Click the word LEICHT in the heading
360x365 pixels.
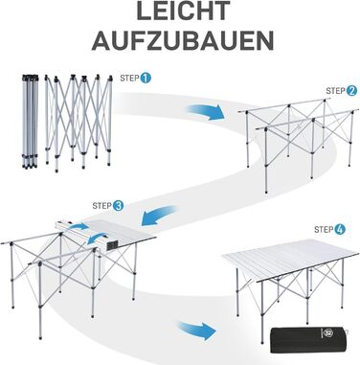click(x=183, y=11)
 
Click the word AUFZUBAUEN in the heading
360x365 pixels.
click(x=183, y=40)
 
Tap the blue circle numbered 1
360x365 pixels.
click(x=146, y=79)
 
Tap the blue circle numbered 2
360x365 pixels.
click(x=351, y=91)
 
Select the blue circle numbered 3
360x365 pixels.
click(x=118, y=206)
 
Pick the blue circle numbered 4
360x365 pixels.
click(x=340, y=229)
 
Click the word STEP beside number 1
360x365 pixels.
click(x=129, y=79)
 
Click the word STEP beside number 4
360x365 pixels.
click(x=324, y=229)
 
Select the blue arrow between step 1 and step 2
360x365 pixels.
click(x=204, y=112)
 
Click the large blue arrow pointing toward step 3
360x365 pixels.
click(x=159, y=216)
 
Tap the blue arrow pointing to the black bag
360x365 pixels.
click(x=196, y=331)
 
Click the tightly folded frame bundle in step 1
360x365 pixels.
click(x=30, y=122)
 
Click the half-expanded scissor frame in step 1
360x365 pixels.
click(x=79, y=122)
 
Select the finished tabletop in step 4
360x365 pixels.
click(x=286, y=260)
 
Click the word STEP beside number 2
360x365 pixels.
click(x=335, y=91)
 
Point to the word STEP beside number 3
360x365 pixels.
click(x=101, y=206)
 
